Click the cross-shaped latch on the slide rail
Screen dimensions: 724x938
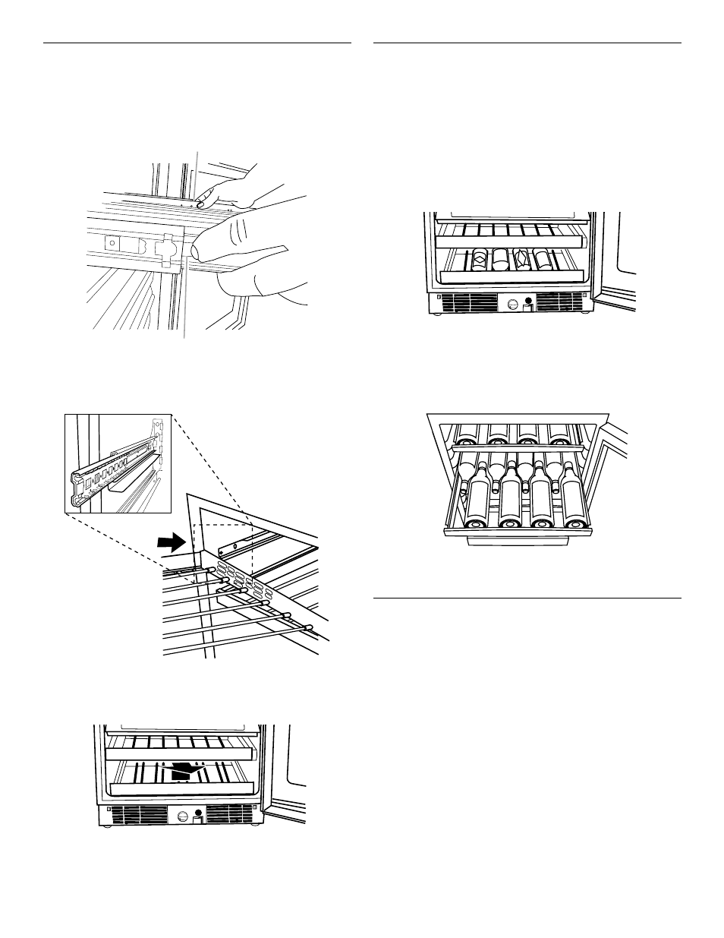tap(165, 248)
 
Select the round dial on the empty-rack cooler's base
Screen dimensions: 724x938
tap(184, 816)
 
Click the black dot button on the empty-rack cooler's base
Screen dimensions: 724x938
tap(198, 811)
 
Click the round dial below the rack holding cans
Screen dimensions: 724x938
tap(512, 304)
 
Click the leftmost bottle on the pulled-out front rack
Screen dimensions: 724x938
tap(475, 501)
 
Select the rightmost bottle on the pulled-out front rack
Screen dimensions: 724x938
tap(574, 501)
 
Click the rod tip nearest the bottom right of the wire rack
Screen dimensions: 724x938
tap(308, 627)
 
